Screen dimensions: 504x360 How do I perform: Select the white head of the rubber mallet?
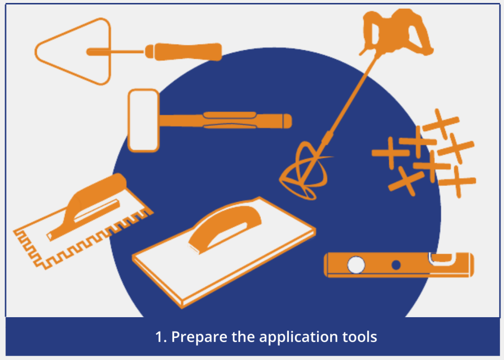pyautogui.click(x=143, y=120)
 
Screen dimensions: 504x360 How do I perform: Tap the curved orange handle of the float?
pyautogui.click(x=225, y=226)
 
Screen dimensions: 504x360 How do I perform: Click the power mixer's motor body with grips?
pyautogui.click(x=397, y=30)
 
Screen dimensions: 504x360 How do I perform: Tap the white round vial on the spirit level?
pyautogui.click(x=356, y=265)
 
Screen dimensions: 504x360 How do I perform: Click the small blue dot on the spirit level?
pyautogui.click(x=396, y=265)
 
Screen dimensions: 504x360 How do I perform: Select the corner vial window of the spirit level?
pyautogui.click(x=442, y=259)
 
